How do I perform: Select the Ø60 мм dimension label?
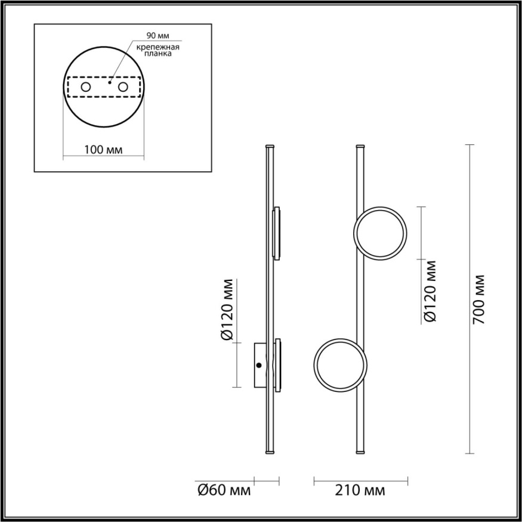click(x=224, y=491)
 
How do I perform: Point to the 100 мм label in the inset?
click(x=103, y=150)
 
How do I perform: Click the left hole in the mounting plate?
click(x=86, y=87)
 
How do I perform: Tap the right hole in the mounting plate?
click(x=123, y=87)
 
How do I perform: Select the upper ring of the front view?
click(x=381, y=233)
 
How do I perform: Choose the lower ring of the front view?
click(x=341, y=365)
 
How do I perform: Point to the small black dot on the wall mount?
click(x=259, y=365)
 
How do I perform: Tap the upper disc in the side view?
click(x=277, y=233)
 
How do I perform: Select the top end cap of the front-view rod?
click(x=360, y=146)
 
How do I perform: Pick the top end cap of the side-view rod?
click(x=270, y=146)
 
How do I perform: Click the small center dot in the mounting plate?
click(x=109, y=84)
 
